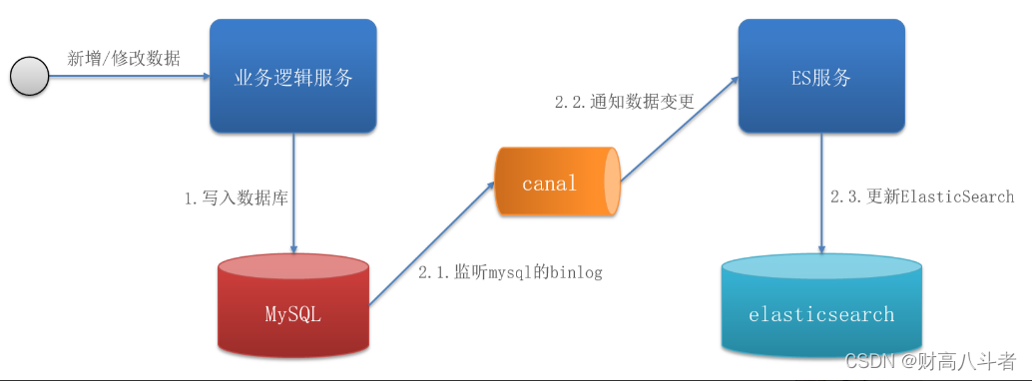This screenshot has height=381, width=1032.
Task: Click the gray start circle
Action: (x=29, y=77)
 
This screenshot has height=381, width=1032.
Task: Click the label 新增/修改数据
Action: (x=124, y=58)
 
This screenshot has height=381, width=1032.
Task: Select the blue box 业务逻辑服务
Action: (x=292, y=76)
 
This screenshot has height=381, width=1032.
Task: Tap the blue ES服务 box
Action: (x=821, y=76)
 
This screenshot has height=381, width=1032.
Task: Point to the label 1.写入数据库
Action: (x=236, y=198)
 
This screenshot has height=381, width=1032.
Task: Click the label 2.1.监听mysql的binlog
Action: (x=510, y=271)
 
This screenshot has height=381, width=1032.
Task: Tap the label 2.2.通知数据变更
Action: (x=624, y=101)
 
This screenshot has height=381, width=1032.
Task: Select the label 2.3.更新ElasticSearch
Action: (x=921, y=196)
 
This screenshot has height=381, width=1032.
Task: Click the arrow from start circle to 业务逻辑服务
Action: (x=130, y=77)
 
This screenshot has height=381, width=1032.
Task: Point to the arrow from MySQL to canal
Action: (x=431, y=243)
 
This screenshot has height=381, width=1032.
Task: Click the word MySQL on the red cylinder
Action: (x=293, y=315)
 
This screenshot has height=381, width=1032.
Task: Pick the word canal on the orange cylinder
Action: (x=549, y=183)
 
